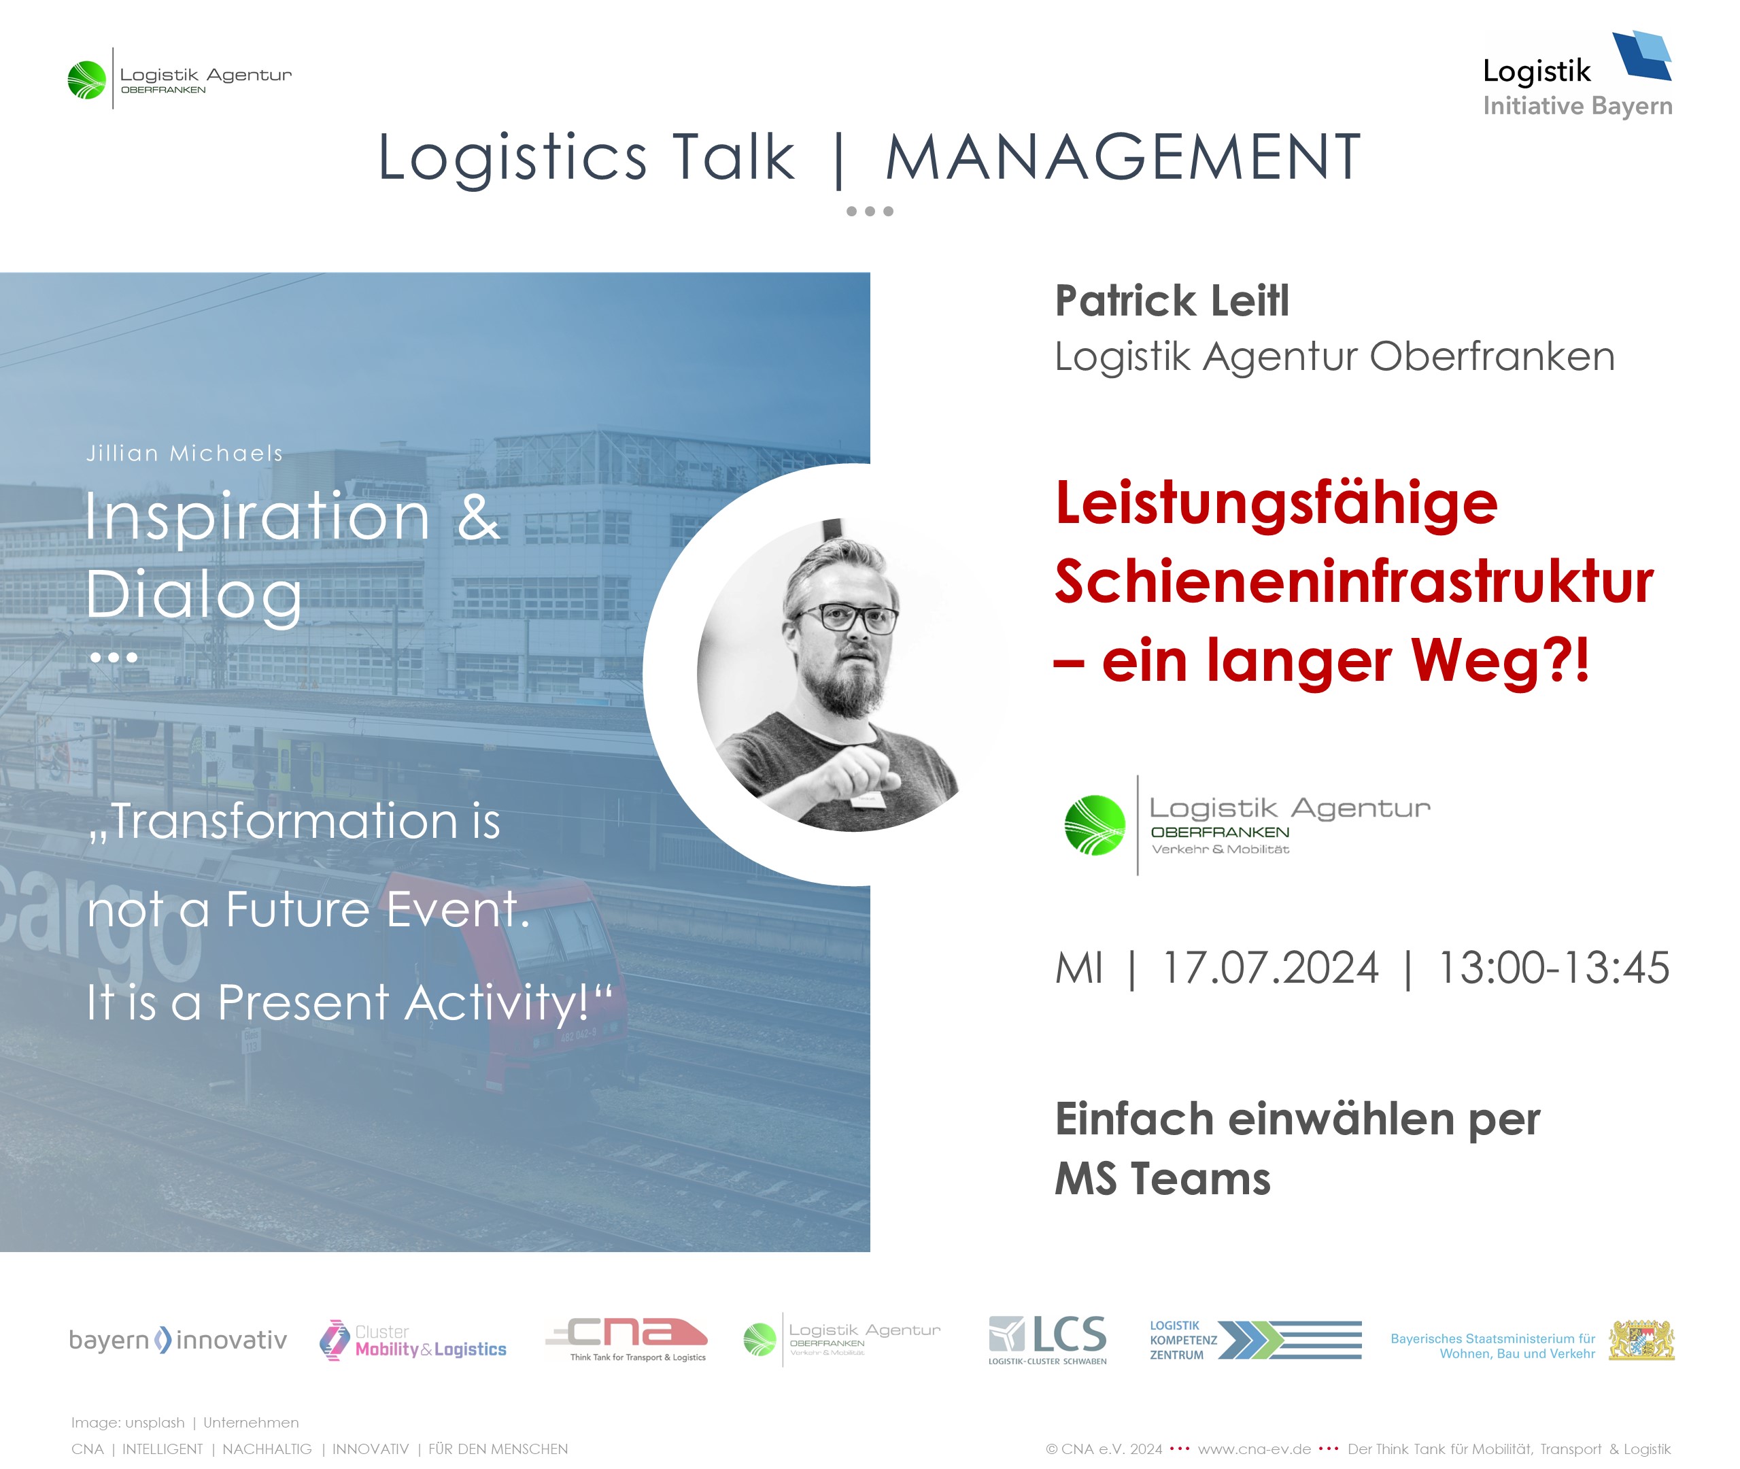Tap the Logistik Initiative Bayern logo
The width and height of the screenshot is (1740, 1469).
click(1577, 75)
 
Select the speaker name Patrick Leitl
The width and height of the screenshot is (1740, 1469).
click(1172, 301)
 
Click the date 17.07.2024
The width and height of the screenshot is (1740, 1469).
click(1269, 968)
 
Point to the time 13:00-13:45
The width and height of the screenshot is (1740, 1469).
click(1554, 968)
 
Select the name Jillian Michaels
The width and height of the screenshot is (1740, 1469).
click(185, 453)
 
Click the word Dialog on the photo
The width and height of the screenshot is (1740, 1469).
click(194, 596)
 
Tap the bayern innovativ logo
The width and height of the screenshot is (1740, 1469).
click(177, 1340)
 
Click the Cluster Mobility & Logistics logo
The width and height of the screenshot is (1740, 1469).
click(413, 1340)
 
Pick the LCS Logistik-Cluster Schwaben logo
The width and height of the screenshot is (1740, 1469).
click(1047, 1340)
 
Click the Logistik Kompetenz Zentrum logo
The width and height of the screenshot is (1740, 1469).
click(1255, 1340)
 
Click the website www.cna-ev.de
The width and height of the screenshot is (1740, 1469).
click(1254, 1449)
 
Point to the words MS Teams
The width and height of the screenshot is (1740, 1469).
click(1162, 1179)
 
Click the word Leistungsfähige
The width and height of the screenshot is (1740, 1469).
click(1276, 505)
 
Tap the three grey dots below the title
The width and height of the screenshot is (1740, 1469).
click(870, 212)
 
